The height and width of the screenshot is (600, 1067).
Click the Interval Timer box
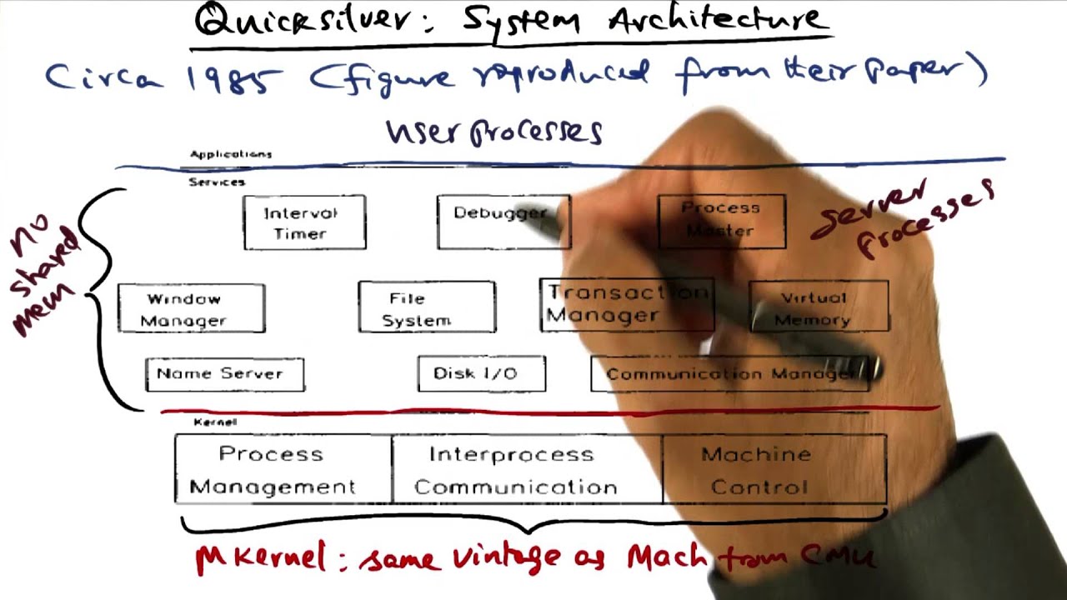click(x=304, y=222)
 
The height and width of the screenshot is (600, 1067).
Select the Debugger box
click(x=503, y=222)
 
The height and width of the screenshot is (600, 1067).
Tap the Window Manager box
click(x=191, y=309)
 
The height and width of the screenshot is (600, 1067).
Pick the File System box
click(x=426, y=308)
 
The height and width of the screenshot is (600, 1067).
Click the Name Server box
click(x=224, y=374)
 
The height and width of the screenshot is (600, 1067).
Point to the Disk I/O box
click(x=481, y=373)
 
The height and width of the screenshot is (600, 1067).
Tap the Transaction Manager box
click(x=625, y=305)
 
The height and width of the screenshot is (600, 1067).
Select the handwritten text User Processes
click(x=493, y=132)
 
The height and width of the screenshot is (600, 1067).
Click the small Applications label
click(x=231, y=154)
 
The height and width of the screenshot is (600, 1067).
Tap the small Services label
click(x=217, y=182)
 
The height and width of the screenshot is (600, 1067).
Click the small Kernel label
click(x=214, y=422)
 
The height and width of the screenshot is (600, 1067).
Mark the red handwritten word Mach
click(x=667, y=556)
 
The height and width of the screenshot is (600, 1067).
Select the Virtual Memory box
click(x=818, y=308)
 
